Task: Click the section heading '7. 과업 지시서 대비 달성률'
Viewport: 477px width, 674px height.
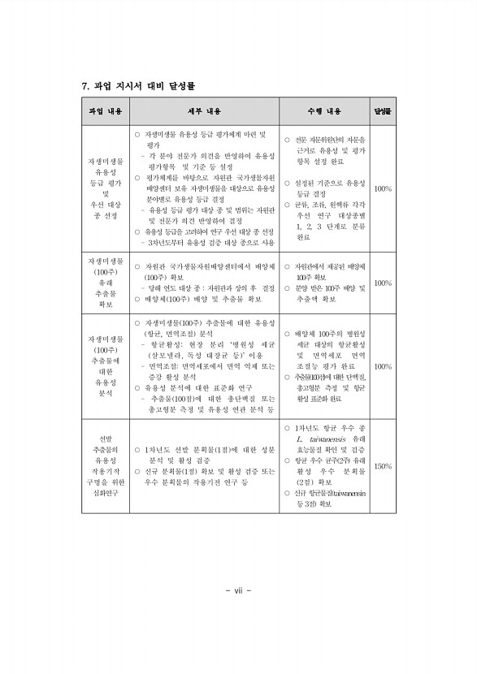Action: click(139, 85)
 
